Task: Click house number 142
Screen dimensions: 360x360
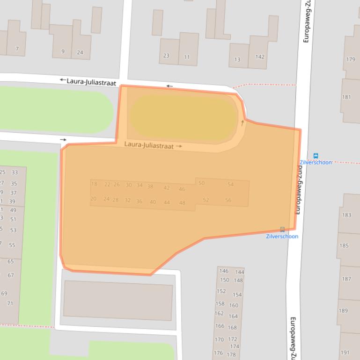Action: [260, 57]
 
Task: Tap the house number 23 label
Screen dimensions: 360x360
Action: [166, 56]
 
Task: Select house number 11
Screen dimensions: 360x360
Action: [187, 57]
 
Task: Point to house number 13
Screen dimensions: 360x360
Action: [237, 59]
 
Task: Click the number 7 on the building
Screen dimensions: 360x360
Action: [17, 49]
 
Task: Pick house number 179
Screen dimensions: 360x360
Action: [351, 59]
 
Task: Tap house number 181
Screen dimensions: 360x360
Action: [346, 97]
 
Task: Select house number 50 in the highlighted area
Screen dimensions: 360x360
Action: [201, 183]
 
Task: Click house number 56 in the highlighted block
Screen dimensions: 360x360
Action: [228, 200]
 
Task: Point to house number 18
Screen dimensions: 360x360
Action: [94, 184]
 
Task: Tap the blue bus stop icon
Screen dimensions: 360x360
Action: [316, 156]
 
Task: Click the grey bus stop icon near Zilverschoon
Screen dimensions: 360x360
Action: [282, 230]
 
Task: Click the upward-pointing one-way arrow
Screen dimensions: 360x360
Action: [242, 123]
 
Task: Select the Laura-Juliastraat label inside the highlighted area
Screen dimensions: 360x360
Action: [149, 145]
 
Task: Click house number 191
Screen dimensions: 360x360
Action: [345, 353]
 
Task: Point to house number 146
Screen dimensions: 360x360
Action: [224, 271]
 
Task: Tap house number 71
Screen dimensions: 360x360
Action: [10, 303]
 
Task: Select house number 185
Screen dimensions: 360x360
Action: [344, 245]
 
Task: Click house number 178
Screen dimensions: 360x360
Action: [231, 355]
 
